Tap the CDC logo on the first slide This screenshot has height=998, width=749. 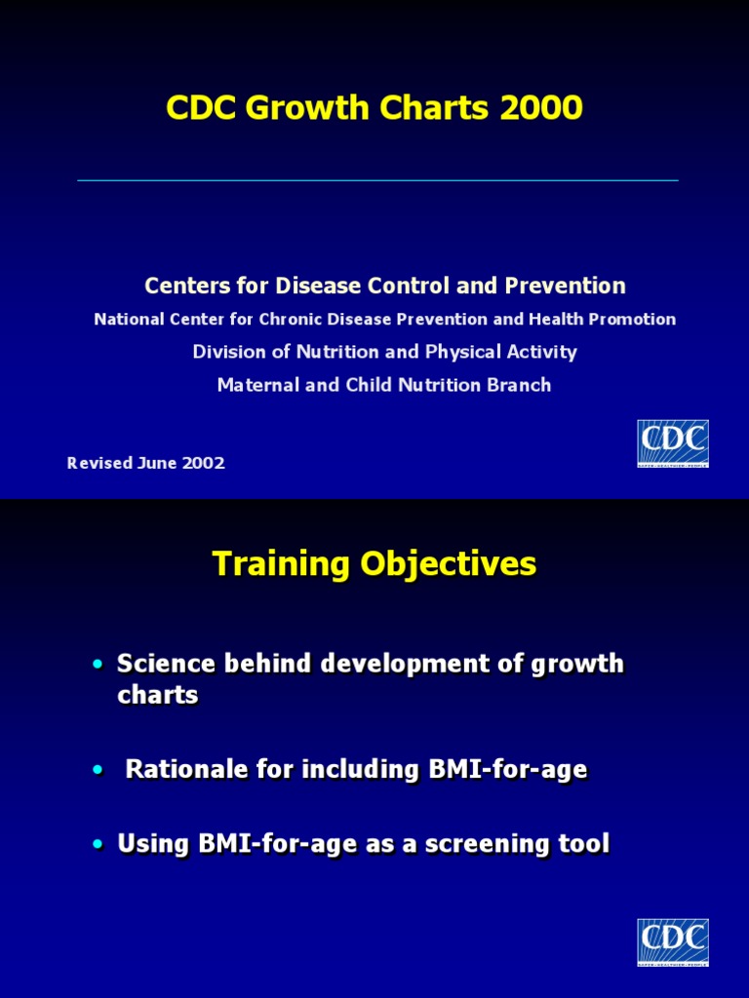tap(673, 443)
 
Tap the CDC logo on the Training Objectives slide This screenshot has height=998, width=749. tap(673, 942)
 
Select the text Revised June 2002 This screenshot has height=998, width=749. tap(146, 463)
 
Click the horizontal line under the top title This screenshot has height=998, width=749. tap(377, 180)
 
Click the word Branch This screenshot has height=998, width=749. tap(518, 385)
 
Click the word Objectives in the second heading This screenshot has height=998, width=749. tap(449, 563)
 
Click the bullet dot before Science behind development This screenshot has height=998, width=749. tap(98, 665)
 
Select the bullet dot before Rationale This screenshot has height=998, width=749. tap(98, 770)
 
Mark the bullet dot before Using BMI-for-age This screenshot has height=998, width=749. tap(98, 844)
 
